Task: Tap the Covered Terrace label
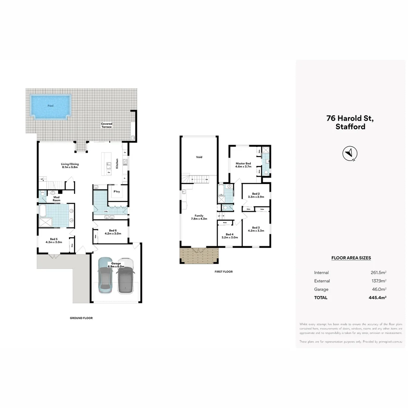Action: coord(107,125)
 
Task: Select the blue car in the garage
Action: coord(104,276)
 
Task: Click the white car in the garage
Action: coord(126,276)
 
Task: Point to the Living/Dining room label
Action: coord(69,165)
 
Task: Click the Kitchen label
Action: coord(117,164)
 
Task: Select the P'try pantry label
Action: coord(117,192)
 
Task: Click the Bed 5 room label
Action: coord(54,240)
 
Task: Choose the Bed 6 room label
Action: coord(113,232)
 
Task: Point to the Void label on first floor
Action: coord(199,157)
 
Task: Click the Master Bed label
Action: coord(243,165)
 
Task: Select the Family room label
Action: coord(199,217)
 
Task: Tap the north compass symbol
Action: coord(350,153)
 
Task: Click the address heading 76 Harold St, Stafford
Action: coord(350,122)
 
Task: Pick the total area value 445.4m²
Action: coord(378,298)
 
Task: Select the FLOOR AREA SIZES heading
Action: coord(351,258)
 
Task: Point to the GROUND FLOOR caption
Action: coord(81,318)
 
